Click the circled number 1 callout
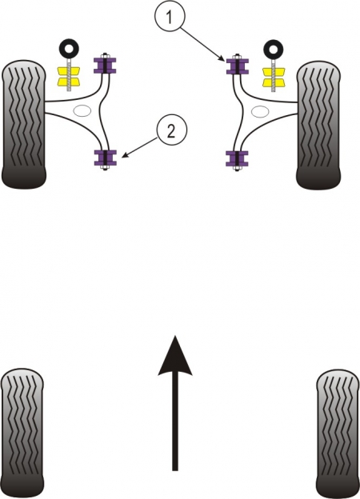(170, 16)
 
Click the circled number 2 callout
(171, 130)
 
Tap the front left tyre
(24, 124)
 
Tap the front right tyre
(318, 125)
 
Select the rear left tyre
(22, 433)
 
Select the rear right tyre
(338, 433)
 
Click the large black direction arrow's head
(174, 355)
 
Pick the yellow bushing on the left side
(68, 77)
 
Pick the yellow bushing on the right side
(274, 77)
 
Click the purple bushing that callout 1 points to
(238, 66)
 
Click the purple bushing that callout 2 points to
(105, 158)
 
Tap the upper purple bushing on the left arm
(105, 66)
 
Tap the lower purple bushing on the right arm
(237, 159)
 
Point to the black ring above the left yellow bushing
(69, 42)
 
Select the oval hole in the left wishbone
(82, 110)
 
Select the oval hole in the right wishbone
(260, 111)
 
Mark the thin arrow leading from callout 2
(140, 147)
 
